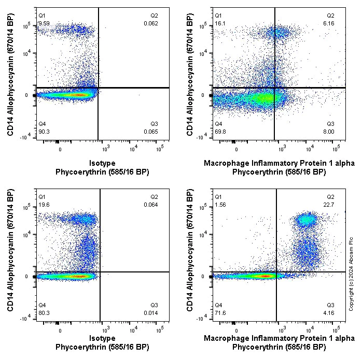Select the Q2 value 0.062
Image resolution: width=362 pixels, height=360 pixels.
coord(151,23)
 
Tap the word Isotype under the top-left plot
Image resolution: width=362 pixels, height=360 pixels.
coord(102,164)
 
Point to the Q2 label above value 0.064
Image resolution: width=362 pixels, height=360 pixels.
coord(155,197)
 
